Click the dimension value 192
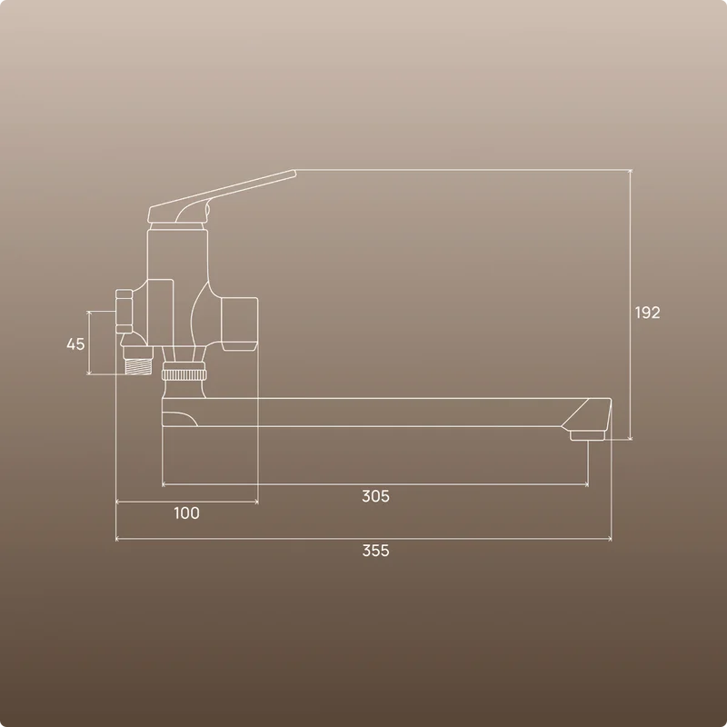[647, 313]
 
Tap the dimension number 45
[75, 344]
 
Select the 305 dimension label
[375, 496]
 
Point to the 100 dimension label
[186, 513]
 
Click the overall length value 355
[375, 551]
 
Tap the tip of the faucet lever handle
[294, 173]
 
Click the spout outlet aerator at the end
[587, 435]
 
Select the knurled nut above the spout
[184, 374]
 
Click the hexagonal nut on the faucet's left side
[124, 312]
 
